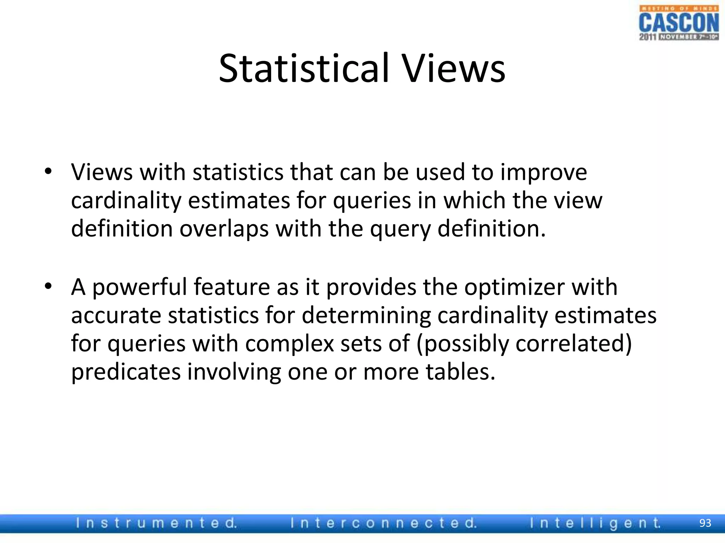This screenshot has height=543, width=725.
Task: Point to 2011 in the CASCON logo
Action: pyautogui.click(x=648, y=37)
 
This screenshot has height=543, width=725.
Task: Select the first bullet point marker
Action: pyautogui.click(x=48, y=172)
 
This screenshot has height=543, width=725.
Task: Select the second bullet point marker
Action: pyautogui.click(x=48, y=286)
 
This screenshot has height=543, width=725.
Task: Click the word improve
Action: pyautogui.click(x=544, y=173)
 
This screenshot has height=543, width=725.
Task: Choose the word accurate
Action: pyautogui.click(x=116, y=315)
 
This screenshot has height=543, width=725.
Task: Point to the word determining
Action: pyautogui.click(x=366, y=315)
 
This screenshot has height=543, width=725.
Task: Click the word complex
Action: pyautogui.click(x=290, y=344)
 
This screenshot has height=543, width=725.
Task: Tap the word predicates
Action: pyautogui.click(x=126, y=372)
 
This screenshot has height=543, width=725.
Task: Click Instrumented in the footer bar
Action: pyautogui.click(x=156, y=523)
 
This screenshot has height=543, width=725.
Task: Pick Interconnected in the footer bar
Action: pyautogui.click(x=384, y=523)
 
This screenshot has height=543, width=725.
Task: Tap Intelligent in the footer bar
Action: pyautogui.click(x=595, y=523)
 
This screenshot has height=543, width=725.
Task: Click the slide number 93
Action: pyautogui.click(x=705, y=523)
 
